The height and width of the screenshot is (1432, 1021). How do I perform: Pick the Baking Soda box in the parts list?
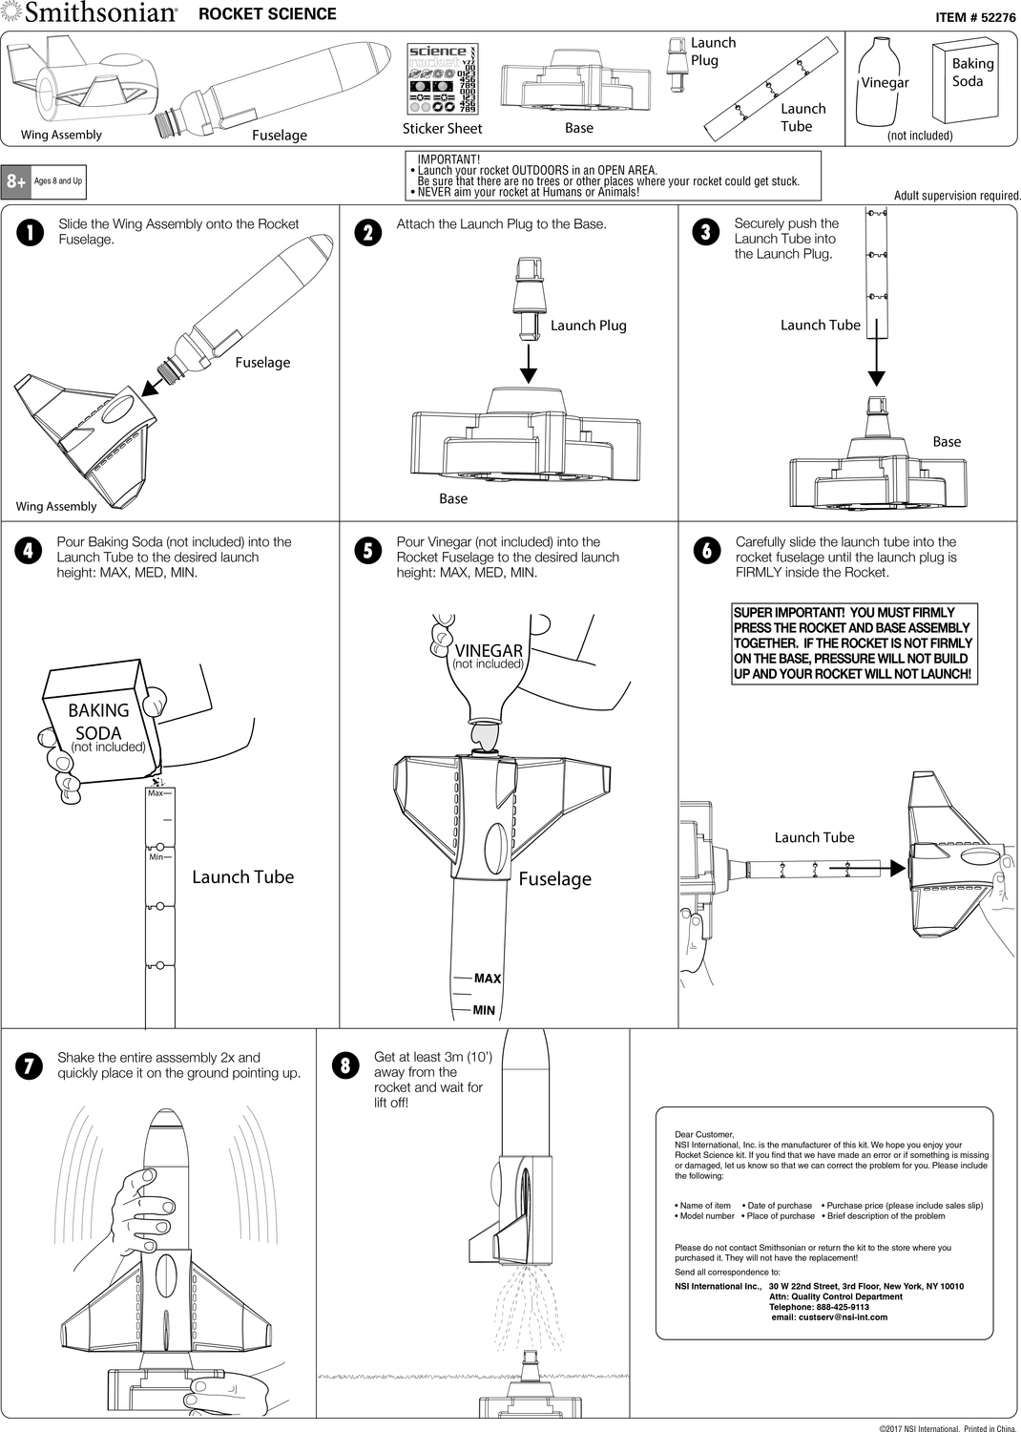(965, 82)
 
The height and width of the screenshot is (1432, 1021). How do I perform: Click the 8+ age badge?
(16, 181)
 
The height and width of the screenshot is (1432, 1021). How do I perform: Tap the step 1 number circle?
(31, 233)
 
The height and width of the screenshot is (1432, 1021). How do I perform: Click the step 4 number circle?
(31, 551)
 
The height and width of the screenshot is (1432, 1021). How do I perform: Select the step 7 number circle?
(31, 1066)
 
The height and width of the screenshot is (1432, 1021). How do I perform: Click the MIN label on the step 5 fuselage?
(484, 1010)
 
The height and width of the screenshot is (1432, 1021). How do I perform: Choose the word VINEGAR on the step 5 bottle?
(489, 651)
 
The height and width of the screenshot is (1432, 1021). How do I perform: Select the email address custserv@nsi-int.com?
(829, 1317)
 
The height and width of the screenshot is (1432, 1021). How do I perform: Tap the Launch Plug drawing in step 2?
(527, 292)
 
